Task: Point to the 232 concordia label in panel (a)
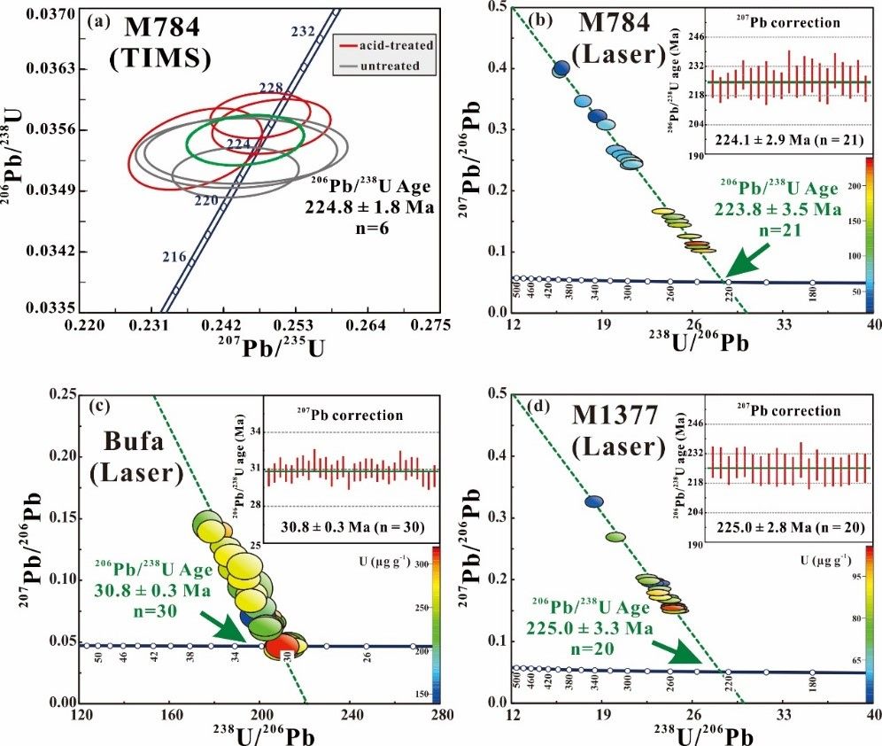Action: pyautogui.click(x=303, y=32)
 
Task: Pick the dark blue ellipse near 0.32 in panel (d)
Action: pyautogui.click(x=595, y=501)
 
